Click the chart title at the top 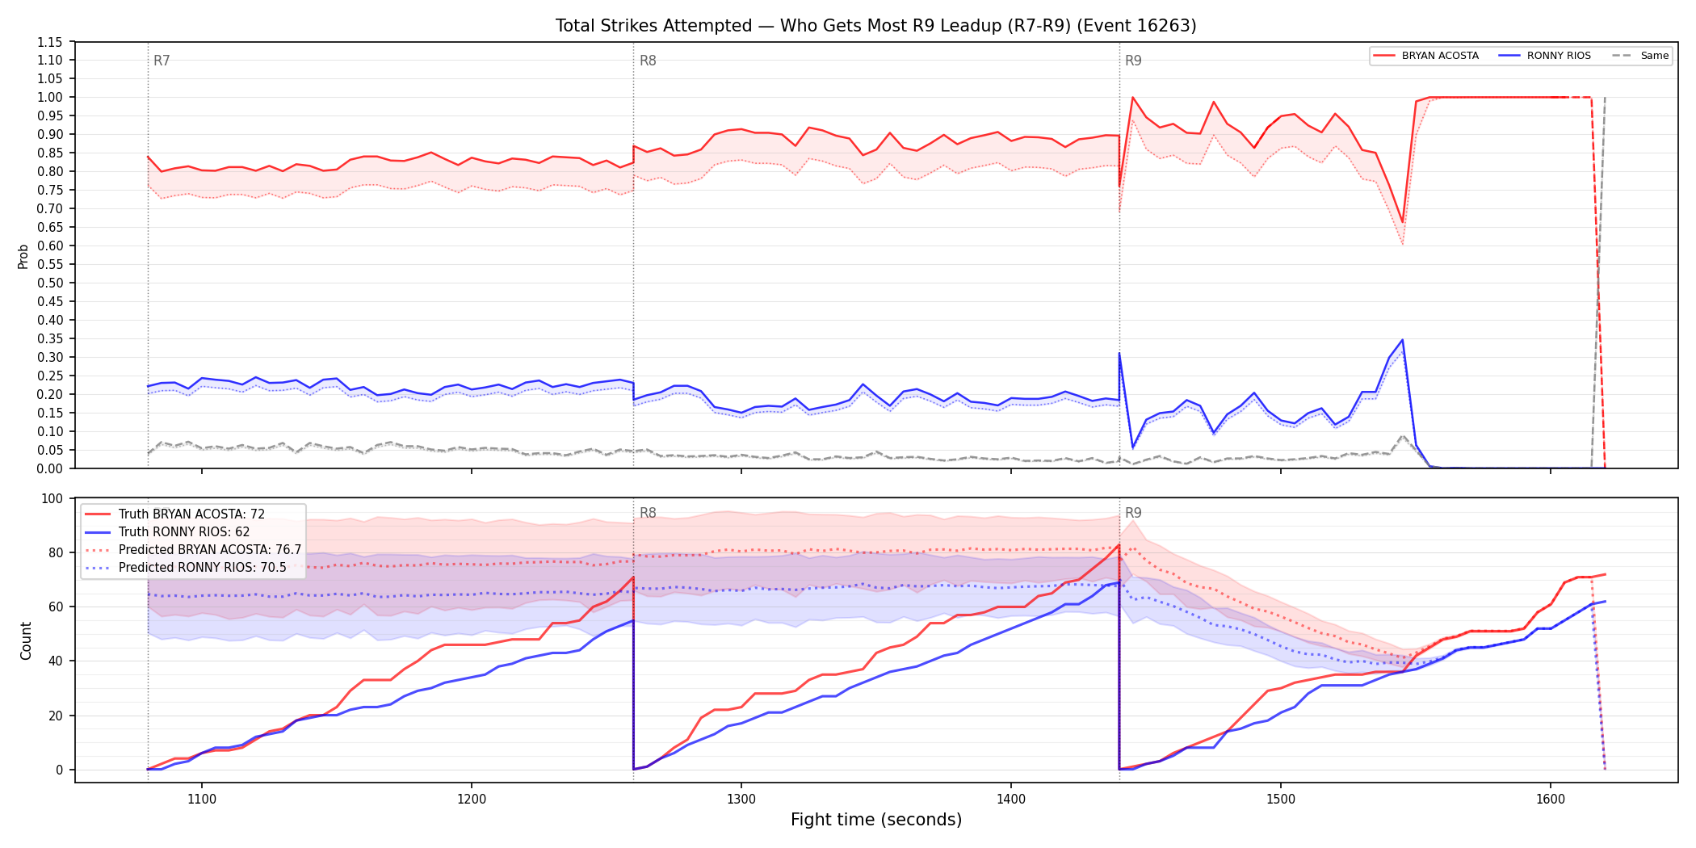click(875, 26)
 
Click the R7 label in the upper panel click(162, 61)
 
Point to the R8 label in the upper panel click(648, 61)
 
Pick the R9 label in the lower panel click(1133, 513)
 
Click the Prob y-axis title click(23, 256)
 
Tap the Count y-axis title click(26, 640)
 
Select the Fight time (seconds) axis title click(876, 820)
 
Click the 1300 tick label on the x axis click(741, 800)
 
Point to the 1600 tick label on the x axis click(1551, 800)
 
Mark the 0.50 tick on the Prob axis click(50, 283)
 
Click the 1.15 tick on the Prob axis click(50, 42)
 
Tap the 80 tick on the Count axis click(56, 552)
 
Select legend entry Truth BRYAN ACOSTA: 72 click(191, 514)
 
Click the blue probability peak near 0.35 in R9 click(1403, 340)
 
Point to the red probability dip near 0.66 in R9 click(1403, 222)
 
